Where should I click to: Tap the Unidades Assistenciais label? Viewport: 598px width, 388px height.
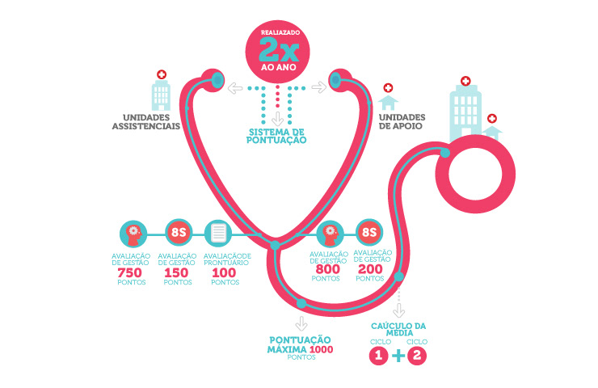(145, 121)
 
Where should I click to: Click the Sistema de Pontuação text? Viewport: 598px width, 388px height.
(276, 136)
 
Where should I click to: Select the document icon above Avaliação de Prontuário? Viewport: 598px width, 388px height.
(219, 234)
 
